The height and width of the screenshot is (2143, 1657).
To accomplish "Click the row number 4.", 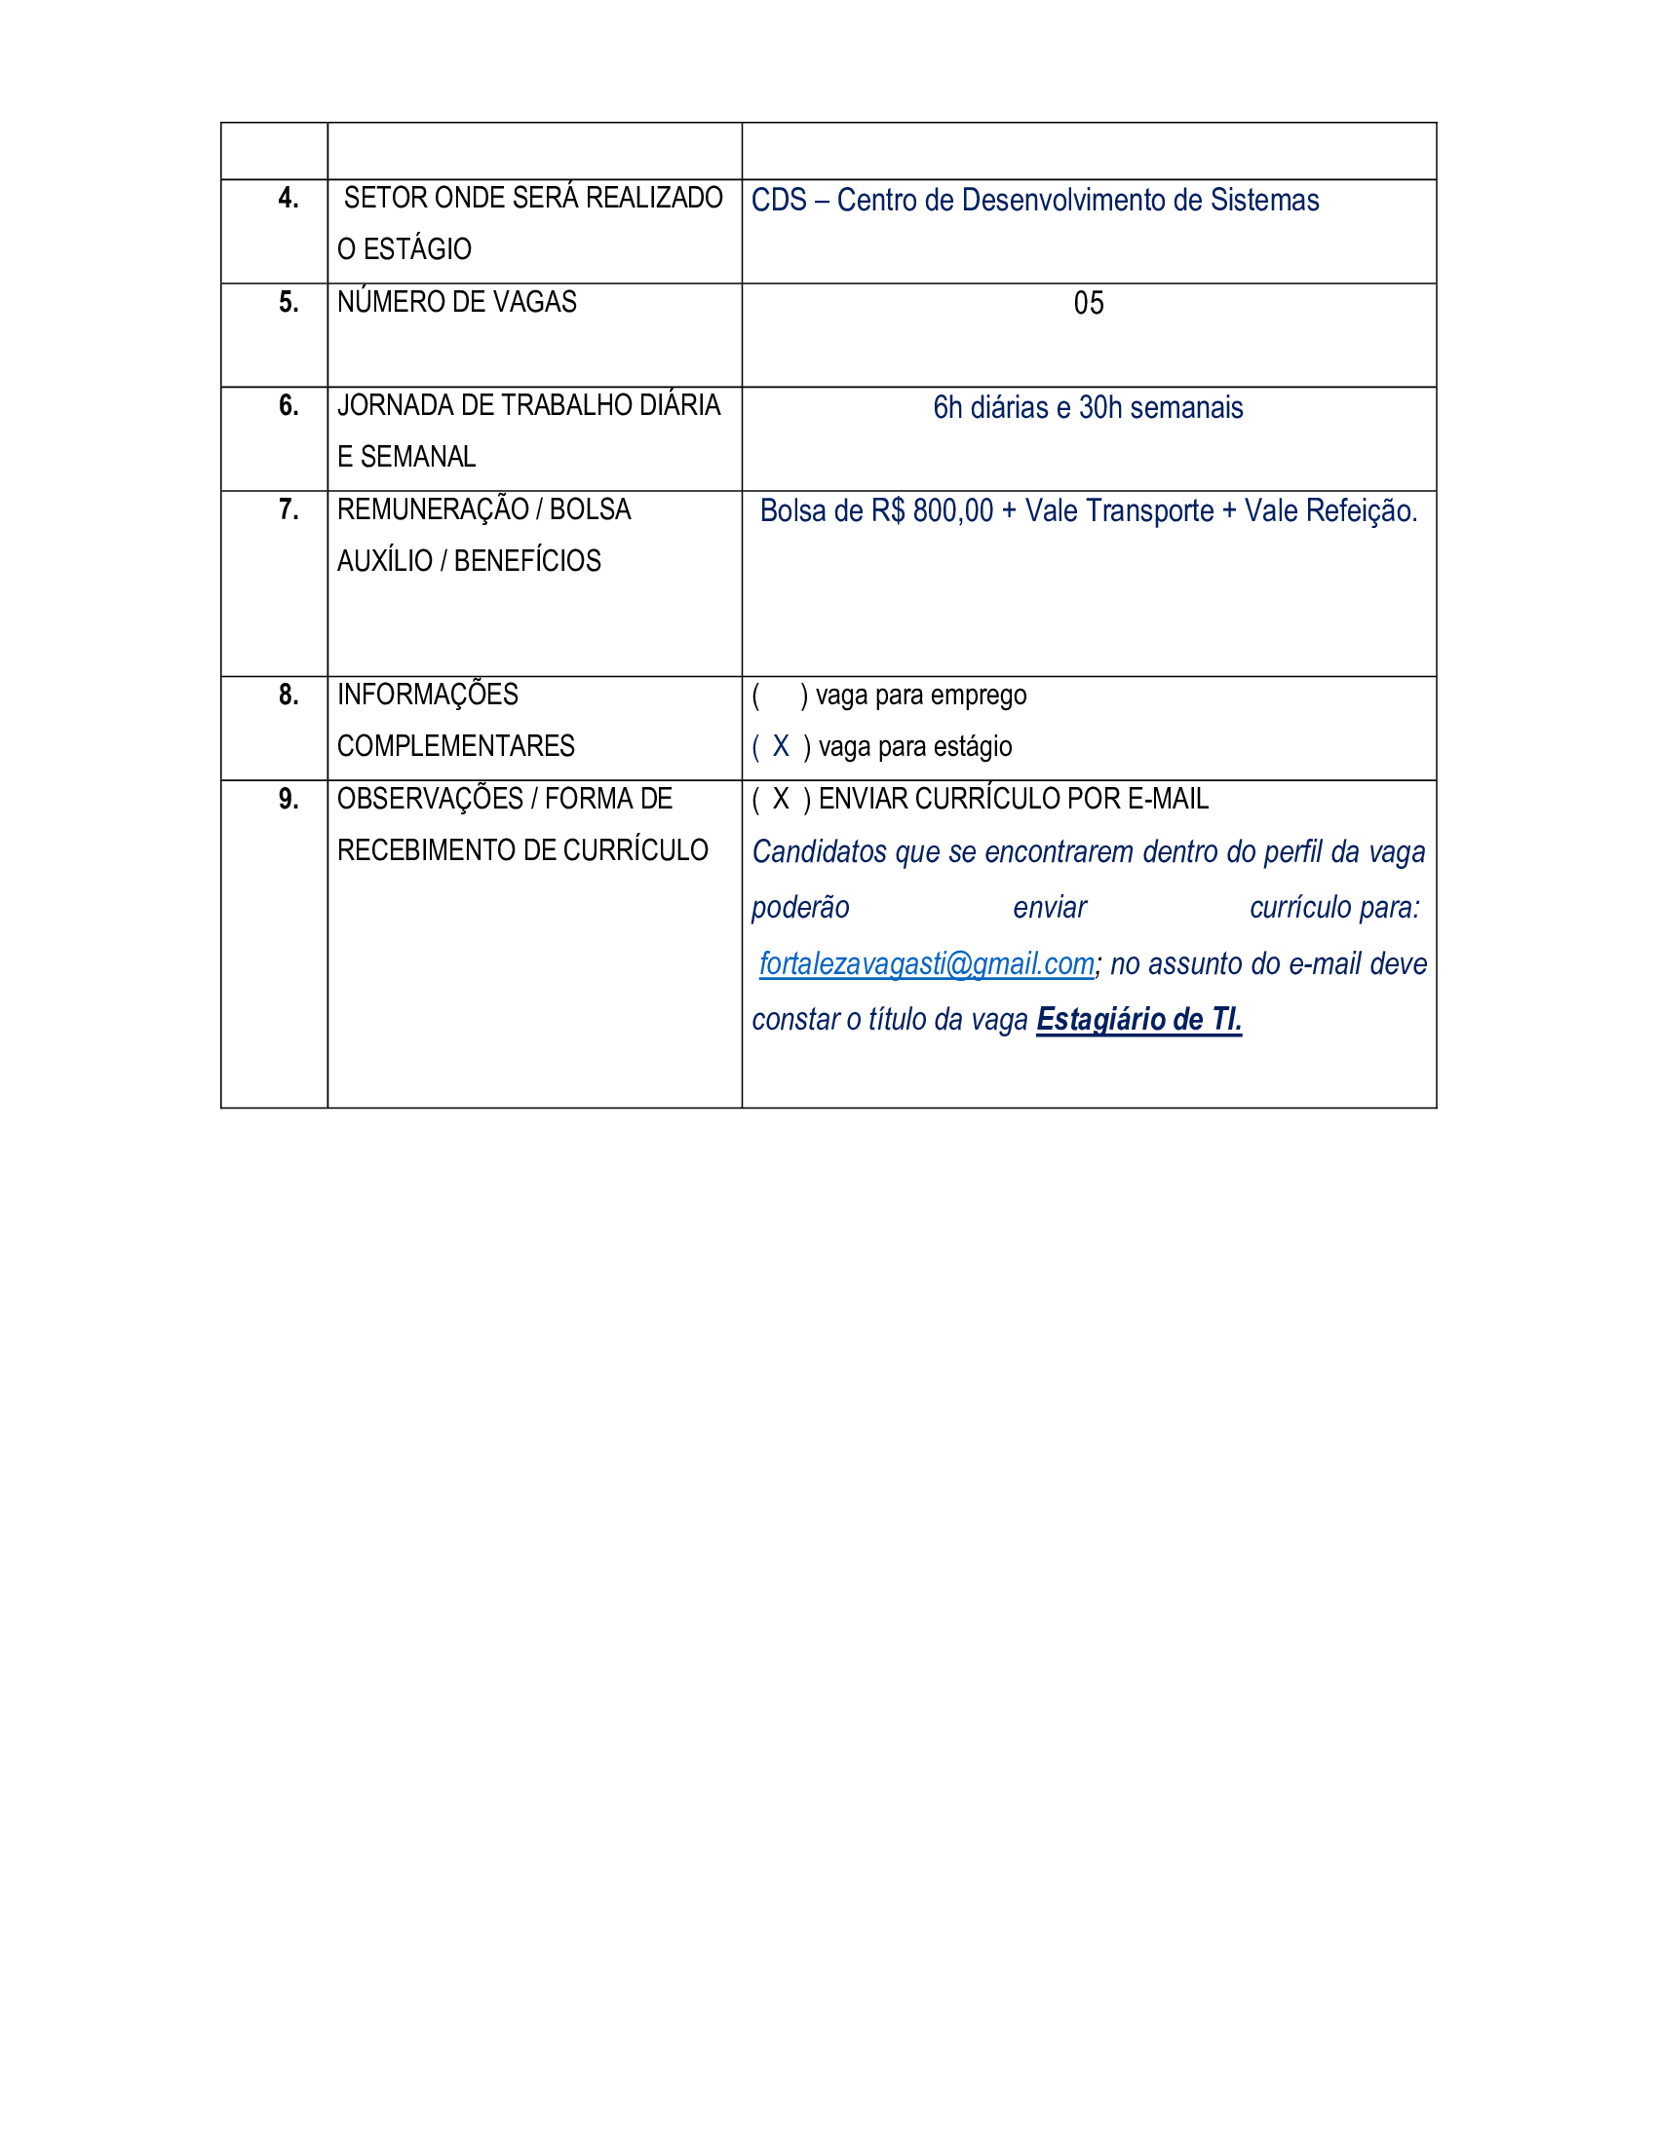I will pos(288,198).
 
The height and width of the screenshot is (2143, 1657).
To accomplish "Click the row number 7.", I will pos(288,509).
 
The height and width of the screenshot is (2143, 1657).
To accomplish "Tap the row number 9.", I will pos(288,799).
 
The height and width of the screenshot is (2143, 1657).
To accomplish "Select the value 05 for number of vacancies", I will pos(1088,303).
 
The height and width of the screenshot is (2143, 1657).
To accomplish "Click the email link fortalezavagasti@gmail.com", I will pos(926,963).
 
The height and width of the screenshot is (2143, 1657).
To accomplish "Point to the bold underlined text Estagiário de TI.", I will pos(1138,1020).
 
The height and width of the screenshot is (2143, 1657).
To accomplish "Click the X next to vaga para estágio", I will pos(781,747).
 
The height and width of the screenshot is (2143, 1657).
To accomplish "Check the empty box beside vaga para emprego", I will pos(781,696).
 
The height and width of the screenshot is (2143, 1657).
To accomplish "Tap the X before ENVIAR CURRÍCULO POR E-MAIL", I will pos(781,799).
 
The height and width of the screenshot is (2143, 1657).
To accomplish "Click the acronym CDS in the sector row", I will pos(779,200).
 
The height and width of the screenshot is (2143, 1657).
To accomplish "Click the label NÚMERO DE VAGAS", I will pos(456,302).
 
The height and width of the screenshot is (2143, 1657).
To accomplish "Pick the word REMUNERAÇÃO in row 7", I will pos(433,509).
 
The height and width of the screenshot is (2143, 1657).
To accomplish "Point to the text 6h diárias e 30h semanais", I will pos(1088,407).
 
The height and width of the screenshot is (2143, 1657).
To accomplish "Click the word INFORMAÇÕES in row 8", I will pos(427,695).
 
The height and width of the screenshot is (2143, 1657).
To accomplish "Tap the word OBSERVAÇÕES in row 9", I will pos(430,799).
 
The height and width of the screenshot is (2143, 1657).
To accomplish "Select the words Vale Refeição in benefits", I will pos(1330,511).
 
